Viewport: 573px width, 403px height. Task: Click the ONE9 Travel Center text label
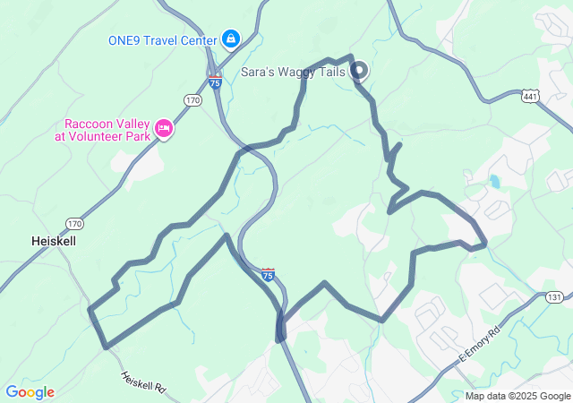click(162, 40)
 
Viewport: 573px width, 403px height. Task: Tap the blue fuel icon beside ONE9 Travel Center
click(231, 39)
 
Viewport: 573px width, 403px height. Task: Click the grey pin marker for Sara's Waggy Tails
click(358, 70)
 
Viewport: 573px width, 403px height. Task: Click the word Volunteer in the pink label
click(114, 137)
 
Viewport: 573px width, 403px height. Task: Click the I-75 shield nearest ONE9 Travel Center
click(215, 81)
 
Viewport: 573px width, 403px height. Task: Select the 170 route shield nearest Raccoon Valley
click(193, 100)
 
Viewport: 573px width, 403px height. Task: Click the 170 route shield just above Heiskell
click(73, 223)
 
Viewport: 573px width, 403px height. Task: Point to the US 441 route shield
click(530, 96)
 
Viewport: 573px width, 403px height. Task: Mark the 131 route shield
click(555, 297)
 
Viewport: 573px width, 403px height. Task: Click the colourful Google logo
click(30, 392)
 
